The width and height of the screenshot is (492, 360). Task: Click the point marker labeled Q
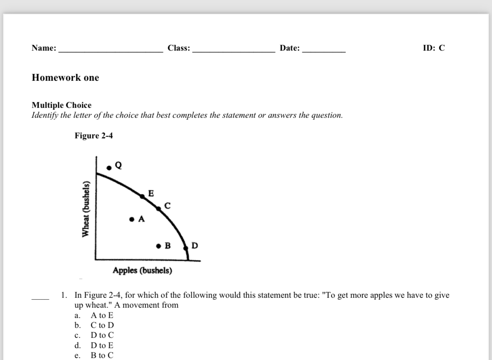(109, 167)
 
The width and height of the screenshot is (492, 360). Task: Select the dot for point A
(132, 219)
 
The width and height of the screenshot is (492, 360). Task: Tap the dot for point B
(159, 246)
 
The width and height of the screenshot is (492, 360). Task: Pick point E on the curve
(142, 196)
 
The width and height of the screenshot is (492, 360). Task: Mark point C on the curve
(159, 208)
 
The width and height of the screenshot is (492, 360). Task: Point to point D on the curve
(186, 248)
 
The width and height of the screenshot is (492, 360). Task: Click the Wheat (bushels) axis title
(87, 209)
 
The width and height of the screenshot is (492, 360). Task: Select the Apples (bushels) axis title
(142, 270)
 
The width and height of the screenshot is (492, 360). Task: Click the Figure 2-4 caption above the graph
(93, 136)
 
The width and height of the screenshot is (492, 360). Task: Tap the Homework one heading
(65, 78)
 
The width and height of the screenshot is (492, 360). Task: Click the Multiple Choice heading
(61, 105)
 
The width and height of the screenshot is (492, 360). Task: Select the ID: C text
(434, 48)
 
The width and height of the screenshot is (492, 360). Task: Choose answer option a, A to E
(101, 315)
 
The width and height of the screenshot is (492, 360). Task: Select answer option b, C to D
(102, 325)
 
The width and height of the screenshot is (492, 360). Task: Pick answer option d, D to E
(101, 346)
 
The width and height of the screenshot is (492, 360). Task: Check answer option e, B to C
(101, 355)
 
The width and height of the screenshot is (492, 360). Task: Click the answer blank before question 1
(40, 299)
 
